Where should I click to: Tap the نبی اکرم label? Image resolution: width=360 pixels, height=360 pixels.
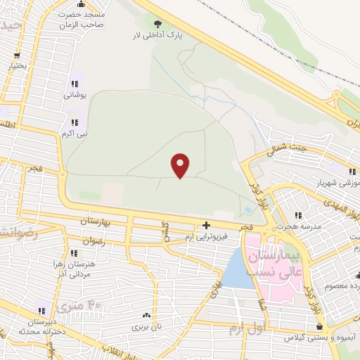point(74,132)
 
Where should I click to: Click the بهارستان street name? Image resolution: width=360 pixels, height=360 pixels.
point(97,222)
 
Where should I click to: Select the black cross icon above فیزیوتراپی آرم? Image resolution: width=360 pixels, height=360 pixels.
point(205,226)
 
